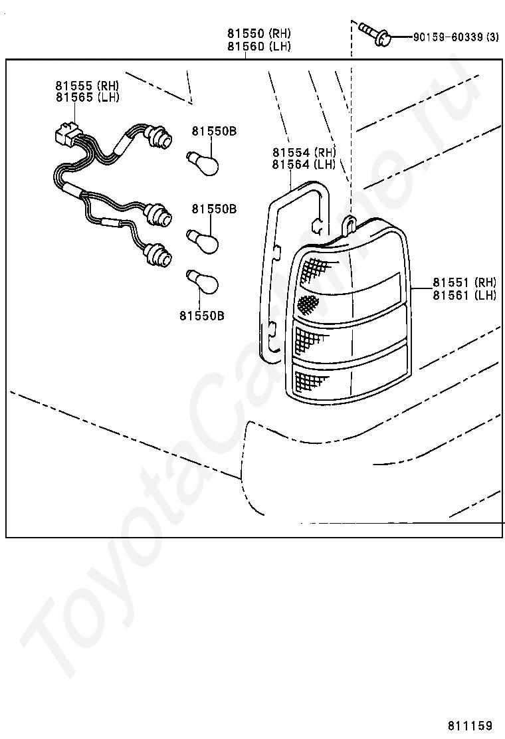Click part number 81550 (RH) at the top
click(259, 33)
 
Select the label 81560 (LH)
click(259, 47)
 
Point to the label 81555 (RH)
click(88, 86)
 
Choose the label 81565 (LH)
click(88, 97)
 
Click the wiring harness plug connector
click(66, 133)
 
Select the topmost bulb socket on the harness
click(160, 138)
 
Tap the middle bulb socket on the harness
click(159, 215)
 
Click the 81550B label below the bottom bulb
click(201, 315)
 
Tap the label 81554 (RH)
click(304, 153)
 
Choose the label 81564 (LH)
click(304, 165)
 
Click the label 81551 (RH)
click(464, 282)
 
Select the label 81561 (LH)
click(464, 295)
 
